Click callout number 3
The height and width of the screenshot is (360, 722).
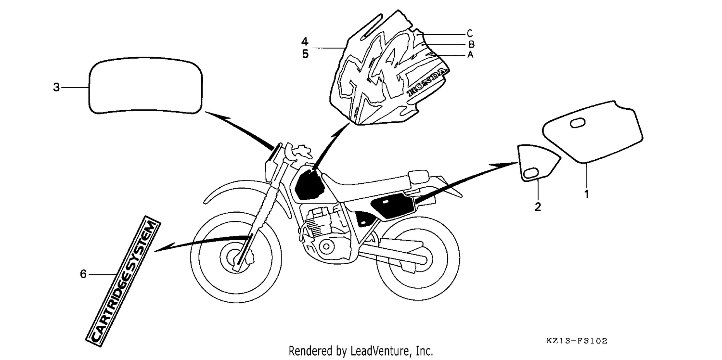click(x=56, y=87)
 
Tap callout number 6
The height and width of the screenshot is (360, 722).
click(x=83, y=274)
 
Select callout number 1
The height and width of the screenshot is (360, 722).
click(x=587, y=194)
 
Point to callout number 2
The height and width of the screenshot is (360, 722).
click(x=538, y=206)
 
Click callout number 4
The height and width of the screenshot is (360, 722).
click(x=305, y=41)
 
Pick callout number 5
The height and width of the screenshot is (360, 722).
click(x=305, y=54)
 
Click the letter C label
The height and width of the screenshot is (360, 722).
click(x=470, y=34)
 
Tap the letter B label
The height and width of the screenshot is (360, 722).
click(x=471, y=44)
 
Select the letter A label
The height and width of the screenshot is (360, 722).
click(x=471, y=55)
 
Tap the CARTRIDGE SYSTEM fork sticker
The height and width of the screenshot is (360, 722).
click(x=123, y=282)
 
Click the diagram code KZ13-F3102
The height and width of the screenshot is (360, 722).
click(x=577, y=341)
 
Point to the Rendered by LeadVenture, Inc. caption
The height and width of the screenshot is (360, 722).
click(x=361, y=351)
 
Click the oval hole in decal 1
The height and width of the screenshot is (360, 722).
click(x=578, y=123)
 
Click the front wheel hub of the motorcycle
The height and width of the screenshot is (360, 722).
click(x=236, y=257)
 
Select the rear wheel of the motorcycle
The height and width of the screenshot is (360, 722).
click(x=418, y=258)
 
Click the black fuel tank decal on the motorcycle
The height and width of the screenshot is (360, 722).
click(x=309, y=186)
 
